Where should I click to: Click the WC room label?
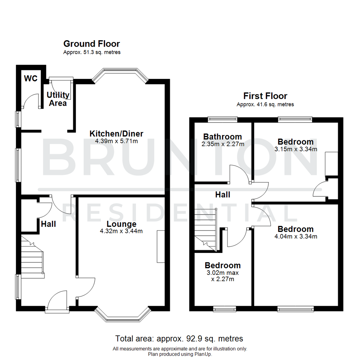pyautogui.click(x=31, y=79)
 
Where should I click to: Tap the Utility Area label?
pyautogui.click(x=58, y=99)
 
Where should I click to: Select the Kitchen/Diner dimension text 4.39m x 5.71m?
pyautogui.click(x=116, y=141)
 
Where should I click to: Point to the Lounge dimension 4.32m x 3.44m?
pyautogui.click(x=121, y=231)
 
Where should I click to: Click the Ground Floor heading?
pyautogui.click(x=92, y=44)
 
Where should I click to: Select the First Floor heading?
pyautogui.click(x=265, y=96)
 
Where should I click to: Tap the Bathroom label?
pyautogui.click(x=222, y=137)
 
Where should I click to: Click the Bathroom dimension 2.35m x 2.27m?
pyautogui.click(x=222, y=144)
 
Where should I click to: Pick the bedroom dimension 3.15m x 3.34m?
pyautogui.click(x=295, y=149)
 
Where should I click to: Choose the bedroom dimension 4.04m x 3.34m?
pyautogui.click(x=295, y=237)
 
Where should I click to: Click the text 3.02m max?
pyautogui.click(x=222, y=273)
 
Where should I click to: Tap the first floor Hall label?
pyautogui.click(x=222, y=195)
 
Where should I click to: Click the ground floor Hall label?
pyautogui.click(x=48, y=224)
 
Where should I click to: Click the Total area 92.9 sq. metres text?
pyautogui.click(x=179, y=339)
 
